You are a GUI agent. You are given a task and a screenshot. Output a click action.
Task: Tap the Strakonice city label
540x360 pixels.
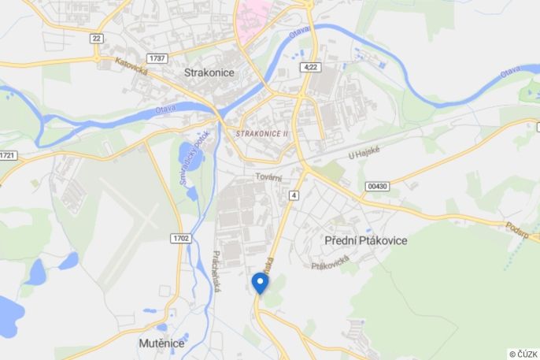[209, 72]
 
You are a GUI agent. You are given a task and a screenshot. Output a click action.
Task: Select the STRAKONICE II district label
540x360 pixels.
[262, 134]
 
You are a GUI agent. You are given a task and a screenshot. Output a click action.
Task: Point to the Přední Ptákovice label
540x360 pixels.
[366, 240]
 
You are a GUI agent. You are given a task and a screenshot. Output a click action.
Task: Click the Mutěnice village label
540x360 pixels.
[161, 343]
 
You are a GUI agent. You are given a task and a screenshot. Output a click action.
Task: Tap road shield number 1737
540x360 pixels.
[157, 58]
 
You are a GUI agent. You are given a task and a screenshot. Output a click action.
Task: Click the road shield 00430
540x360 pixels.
[378, 186]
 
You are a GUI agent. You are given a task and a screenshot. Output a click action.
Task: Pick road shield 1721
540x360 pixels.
[7, 155]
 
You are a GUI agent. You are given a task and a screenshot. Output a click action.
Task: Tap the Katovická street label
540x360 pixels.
[131, 66]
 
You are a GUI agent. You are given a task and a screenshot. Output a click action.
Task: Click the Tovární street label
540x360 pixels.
[268, 178]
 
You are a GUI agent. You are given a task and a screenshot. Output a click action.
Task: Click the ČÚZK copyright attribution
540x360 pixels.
[523, 354]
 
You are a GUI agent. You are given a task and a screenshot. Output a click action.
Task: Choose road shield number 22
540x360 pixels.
[97, 38]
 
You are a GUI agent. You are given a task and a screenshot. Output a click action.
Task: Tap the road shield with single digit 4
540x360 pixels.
[294, 195]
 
